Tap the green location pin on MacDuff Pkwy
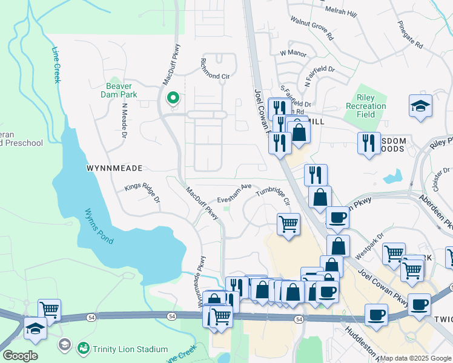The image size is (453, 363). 173,97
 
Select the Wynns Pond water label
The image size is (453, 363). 99,227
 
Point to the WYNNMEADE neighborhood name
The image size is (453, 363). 114,168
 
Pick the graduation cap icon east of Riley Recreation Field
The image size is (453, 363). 420,107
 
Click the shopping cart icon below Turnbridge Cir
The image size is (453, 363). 289,224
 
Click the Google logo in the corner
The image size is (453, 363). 19,356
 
